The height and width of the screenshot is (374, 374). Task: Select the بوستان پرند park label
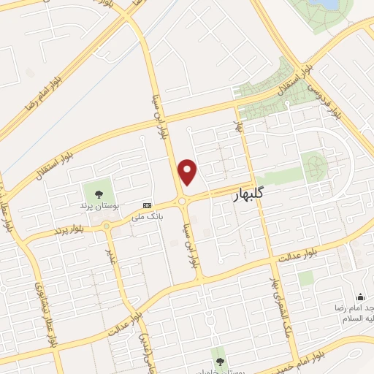click(96, 206)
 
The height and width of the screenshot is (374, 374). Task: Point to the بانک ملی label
click(145, 216)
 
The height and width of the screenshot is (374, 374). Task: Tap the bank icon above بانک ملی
click(147, 205)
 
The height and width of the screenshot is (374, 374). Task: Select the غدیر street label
click(112, 257)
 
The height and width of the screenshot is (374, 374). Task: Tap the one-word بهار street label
click(238, 126)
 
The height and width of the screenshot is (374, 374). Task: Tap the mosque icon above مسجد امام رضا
click(359, 297)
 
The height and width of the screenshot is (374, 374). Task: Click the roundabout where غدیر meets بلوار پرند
click(107, 226)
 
